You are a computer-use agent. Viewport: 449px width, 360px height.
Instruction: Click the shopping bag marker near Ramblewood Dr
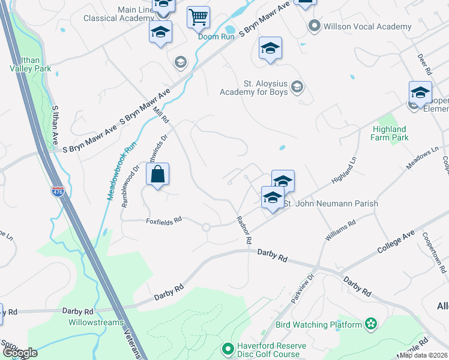pyautogui.click(x=157, y=175)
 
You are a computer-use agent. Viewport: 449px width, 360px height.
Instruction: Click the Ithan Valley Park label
pyautogui.click(x=30, y=64)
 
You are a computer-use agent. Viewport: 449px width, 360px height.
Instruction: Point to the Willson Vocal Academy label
pyautogui.click(x=367, y=26)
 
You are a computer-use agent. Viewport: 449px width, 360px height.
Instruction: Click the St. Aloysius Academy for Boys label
pyautogui.click(x=253, y=88)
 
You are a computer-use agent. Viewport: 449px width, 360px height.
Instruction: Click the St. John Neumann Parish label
pyautogui.click(x=330, y=204)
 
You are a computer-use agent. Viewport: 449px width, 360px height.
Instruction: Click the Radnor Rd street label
pyautogui.click(x=244, y=230)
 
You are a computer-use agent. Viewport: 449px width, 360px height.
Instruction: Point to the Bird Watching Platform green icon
pyautogui.click(x=371, y=325)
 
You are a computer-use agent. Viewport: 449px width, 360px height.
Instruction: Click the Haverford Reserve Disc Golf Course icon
pyautogui.click(x=227, y=348)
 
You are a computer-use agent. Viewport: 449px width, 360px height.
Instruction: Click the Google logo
pyautogui.click(x=20, y=353)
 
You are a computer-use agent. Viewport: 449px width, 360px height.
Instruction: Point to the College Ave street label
pyautogui.click(x=396, y=241)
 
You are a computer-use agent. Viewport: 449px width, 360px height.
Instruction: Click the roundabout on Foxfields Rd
pyautogui.click(x=206, y=227)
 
